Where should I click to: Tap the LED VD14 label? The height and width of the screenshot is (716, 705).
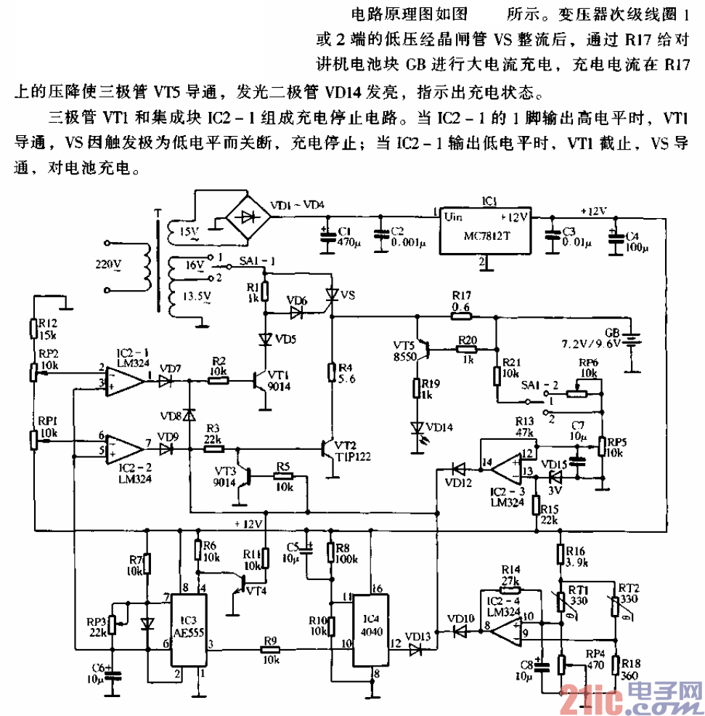click(440, 427)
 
